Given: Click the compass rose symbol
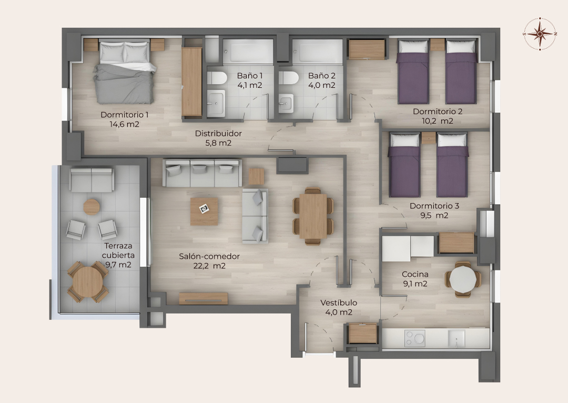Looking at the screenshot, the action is click(540, 34).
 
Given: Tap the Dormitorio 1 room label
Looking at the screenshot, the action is click(125, 115).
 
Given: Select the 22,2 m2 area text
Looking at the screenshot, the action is click(209, 266).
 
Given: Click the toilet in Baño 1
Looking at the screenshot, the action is click(217, 77).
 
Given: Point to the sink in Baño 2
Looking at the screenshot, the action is click(286, 103).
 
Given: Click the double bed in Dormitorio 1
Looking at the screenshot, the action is click(125, 73).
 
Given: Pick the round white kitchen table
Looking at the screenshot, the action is click(463, 279).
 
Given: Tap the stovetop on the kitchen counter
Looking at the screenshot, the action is click(415, 338).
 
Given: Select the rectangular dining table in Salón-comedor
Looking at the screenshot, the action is click(313, 216).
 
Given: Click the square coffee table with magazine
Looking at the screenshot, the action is click(204, 211).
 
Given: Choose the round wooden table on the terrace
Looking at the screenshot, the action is click(88, 282).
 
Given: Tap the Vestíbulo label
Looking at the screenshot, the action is click(339, 303).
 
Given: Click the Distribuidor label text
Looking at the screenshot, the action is click(218, 133).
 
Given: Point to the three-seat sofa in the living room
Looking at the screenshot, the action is click(202, 173).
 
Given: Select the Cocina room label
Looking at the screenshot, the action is click(415, 274).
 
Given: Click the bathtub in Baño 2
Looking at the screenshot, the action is click(317, 52).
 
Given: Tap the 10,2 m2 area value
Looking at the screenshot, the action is click(438, 121).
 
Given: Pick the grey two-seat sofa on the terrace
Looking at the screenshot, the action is click(92, 180).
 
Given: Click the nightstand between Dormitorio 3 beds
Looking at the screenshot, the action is click(429, 138).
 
